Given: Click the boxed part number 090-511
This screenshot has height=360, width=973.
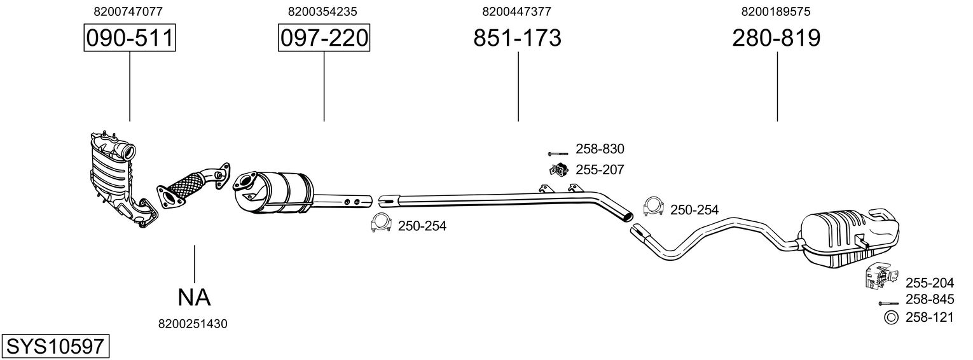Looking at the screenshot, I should point(130,38).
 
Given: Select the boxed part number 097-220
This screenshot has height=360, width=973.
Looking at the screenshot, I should point(324,38).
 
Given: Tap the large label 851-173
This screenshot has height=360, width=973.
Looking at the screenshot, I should point(517,38).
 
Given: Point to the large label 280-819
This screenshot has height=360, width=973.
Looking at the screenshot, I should point(776,38).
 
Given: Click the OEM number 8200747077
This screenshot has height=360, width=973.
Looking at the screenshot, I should point(128,11).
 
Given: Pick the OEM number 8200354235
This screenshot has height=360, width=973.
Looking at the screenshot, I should point(322,11).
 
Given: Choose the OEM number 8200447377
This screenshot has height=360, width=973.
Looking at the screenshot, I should point(516,11).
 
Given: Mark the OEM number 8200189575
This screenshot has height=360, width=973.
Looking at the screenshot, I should point(776,11).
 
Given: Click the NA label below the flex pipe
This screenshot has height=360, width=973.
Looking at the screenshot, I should point(194,296).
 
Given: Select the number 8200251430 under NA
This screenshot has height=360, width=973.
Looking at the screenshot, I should point(193,324).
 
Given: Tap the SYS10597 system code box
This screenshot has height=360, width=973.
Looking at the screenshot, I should point(55,347).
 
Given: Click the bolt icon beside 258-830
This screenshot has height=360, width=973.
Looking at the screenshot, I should point(558,153).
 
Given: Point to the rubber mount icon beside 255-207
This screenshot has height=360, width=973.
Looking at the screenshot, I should point(558,169).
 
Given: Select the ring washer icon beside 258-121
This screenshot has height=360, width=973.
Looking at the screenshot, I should point(891,318).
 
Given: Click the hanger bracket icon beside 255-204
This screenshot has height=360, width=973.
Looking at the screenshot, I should point(877,275).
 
